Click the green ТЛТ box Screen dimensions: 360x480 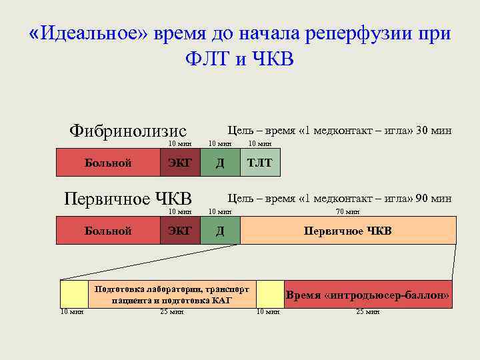pos(260,163)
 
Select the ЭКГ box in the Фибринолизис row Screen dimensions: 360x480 pos(179,163)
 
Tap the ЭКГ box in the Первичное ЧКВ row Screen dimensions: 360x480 pos(179,231)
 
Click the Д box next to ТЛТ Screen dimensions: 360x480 pos(220,163)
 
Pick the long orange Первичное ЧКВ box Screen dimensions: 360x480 pos(348,231)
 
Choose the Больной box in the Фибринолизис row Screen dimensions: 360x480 pos(107,163)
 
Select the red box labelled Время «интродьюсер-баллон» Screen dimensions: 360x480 pos(368,295)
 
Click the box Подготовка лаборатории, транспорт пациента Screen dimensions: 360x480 pos(172,295)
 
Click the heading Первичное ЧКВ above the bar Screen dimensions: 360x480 pos(127,198)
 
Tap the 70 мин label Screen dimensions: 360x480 pos(348,212)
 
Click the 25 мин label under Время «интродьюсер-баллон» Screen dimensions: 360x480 pos(368,311)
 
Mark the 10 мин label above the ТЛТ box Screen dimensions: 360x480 pos(260,143)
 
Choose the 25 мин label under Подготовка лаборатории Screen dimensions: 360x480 pos(172,311)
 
